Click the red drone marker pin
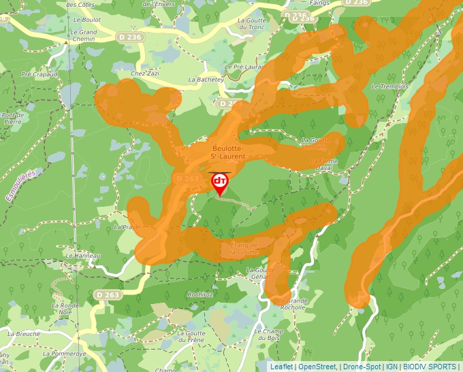click(x=220, y=182)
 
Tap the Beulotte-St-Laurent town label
click(x=234, y=152)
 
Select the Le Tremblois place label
click(x=389, y=87)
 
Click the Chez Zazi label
click(x=144, y=73)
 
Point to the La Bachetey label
click(x=206, y=80)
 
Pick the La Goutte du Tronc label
click(x=252, y=24)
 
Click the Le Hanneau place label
click(x=83, y=256)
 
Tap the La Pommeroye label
click(x=64, y=354)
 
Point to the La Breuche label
click(x=23, y=334)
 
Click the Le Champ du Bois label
click(x=268, y=335)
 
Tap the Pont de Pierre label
click(x=13, y=119)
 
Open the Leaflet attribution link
click(x=281, y=367)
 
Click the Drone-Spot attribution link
click(x=361, y=367)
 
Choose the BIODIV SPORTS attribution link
click(x=430, y=367)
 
